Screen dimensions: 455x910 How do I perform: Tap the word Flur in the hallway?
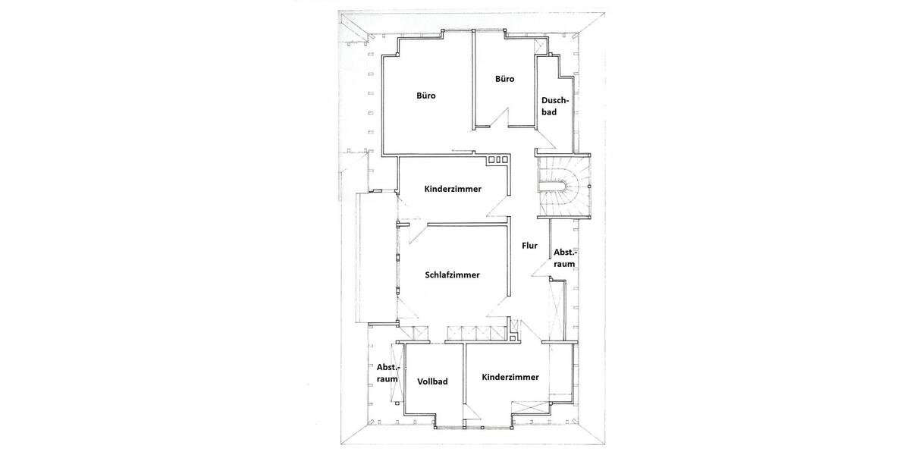[529, 246]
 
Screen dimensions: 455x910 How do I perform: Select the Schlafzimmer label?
[453, 275]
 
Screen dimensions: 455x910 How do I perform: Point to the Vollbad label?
[432, 381]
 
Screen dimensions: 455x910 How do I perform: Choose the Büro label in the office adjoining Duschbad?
[505, 79]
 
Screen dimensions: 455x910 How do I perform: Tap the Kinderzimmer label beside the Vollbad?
[510, 377]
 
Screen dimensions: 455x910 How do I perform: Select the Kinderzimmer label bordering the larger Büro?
[453, 189]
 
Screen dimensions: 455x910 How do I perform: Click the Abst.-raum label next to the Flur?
[564, 258]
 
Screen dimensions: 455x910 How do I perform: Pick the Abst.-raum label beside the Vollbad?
[388, 372]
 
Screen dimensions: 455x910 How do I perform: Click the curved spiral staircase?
[564, 186]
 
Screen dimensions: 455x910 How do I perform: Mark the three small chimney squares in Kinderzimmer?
[498, 160]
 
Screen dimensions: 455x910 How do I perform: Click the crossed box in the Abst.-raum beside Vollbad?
[395, 372]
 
